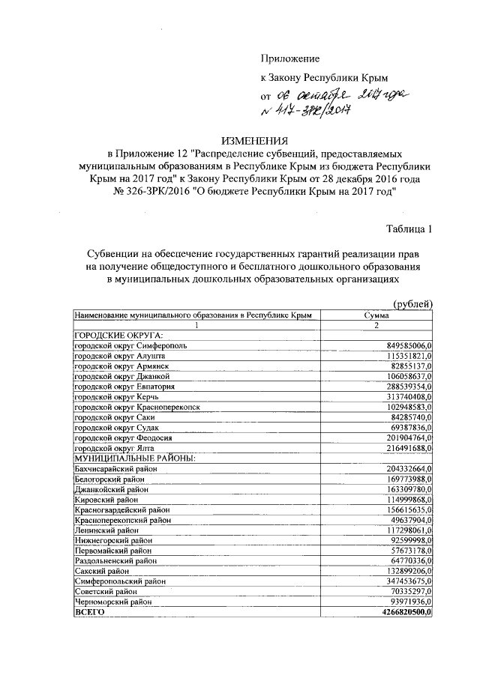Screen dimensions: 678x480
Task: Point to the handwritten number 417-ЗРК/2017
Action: (x=308, y=110)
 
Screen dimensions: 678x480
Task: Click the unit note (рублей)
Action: (x=413, y=303)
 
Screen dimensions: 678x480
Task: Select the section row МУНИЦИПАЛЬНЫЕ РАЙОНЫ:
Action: (x=133, y=457)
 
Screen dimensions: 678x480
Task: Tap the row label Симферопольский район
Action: (x=119, y=581)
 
